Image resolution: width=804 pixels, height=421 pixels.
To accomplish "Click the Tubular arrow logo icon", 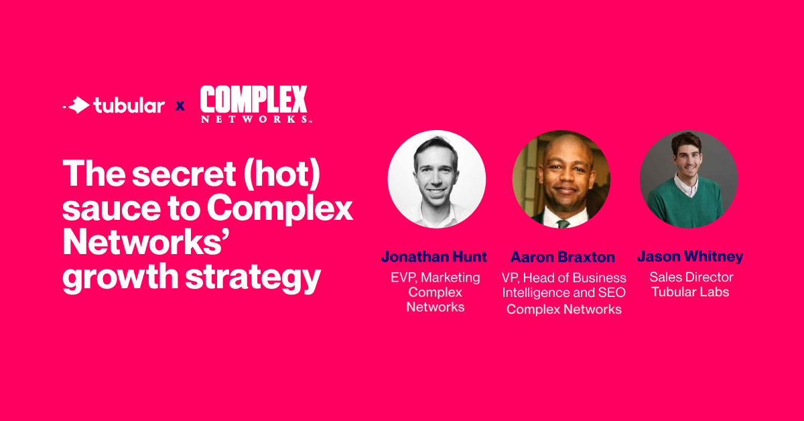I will [78, 105].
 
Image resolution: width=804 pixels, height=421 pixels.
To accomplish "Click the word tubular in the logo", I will [129, 105].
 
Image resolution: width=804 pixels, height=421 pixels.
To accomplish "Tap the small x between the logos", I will [180, 106].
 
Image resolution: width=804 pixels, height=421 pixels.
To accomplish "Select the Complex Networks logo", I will [255, 104].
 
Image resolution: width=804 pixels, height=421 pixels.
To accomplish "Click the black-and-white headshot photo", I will [437, 179].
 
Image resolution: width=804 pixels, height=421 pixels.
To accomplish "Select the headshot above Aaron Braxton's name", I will [561, 179].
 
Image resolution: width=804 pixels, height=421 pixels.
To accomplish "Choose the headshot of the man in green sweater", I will [689, 179].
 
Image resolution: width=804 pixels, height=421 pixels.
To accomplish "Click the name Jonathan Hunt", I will [434, 257].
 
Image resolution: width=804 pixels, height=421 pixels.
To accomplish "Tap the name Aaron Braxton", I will [563, 257].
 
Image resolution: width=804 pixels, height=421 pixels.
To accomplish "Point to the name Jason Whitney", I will [690, 257].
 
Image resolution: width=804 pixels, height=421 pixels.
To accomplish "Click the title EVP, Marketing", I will [435, 278].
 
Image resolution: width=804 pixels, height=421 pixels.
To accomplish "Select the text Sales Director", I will [691, 277].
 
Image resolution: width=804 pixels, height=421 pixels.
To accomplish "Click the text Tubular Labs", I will [690, 292].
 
